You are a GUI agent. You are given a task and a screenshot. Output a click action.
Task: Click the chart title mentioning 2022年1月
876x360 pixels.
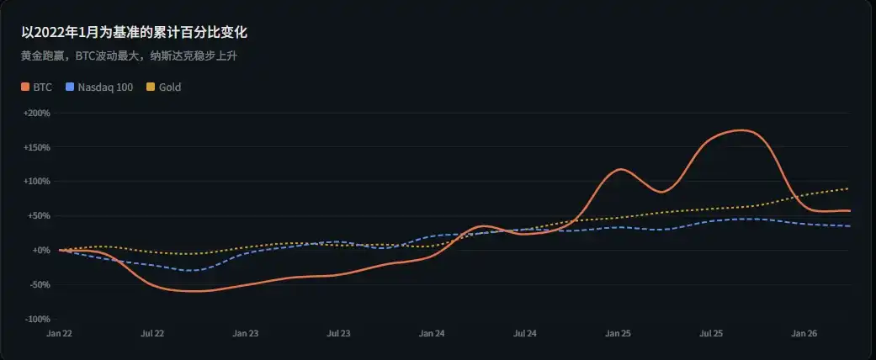[134, 33]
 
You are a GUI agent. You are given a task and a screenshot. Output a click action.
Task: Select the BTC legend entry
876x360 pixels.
[42, 87]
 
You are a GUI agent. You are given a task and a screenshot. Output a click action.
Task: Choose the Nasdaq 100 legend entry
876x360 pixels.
[105, 87]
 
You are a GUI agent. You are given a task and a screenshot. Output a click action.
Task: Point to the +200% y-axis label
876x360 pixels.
[37, 113]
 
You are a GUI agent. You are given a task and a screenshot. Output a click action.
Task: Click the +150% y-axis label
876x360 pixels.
[37, 147]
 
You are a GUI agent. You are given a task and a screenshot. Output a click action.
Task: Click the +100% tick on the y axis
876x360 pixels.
[37, 182]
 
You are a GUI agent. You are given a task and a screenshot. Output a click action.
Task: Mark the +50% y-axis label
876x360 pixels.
[40, 216]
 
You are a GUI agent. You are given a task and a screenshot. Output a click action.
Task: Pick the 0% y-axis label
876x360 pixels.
[43, 251]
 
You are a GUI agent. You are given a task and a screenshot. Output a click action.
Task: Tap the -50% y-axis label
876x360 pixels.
[40, 285]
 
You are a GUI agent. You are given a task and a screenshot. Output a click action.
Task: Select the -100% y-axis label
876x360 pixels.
[38, 320]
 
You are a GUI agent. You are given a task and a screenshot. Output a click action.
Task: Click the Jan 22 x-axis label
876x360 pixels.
[59, 334]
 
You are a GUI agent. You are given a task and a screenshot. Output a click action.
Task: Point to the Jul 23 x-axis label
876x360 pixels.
[338, 334]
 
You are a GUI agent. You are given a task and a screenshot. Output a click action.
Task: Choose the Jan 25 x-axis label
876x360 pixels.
[618, 334]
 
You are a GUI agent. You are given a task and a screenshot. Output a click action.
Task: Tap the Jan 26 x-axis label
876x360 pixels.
[804, 334]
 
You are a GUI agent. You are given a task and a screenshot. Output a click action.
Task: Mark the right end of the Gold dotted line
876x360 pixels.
[848, 188]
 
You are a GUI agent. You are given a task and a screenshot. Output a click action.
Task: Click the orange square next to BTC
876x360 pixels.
[26, 87]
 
